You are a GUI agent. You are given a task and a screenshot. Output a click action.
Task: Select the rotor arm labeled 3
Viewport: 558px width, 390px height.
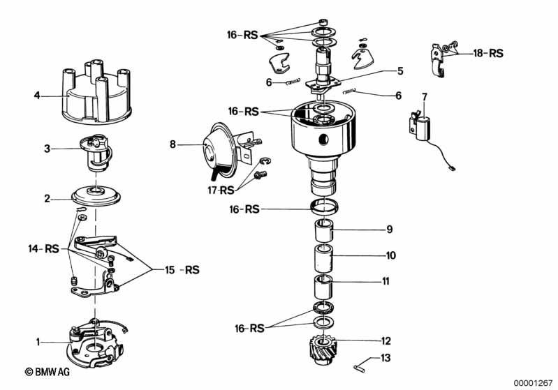pyautogui.click(x=96, y=154)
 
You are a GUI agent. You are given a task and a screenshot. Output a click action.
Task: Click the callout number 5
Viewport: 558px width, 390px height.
pyautogui.click(x=400, y=70)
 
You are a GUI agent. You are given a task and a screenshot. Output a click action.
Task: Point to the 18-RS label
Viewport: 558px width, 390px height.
pyautogui.click(x=488, y=52)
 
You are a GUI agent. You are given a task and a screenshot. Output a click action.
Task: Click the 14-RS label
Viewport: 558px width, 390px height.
pyautogui.click(x=43, y=248)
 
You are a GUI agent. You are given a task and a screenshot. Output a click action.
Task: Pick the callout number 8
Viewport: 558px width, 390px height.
pyautogui.click(x=172, y=145)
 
